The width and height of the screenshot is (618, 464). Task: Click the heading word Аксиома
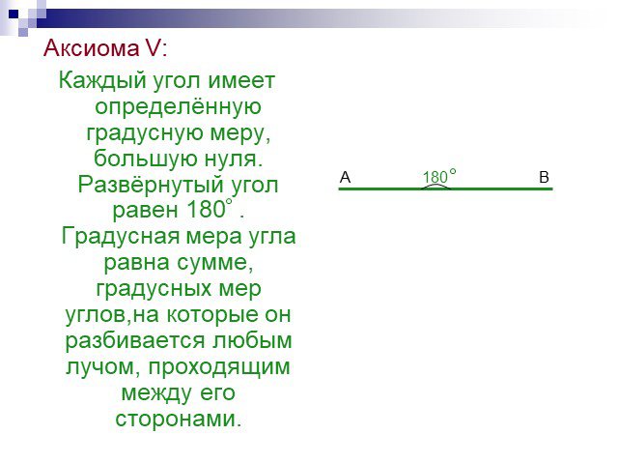coord(92,48)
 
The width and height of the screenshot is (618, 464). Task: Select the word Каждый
coord(102,81)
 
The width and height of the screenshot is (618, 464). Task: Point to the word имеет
coord(241,80)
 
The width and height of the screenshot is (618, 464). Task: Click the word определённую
coord(178,107)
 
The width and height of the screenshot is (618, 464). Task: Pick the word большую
coord(146,158)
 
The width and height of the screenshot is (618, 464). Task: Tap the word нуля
coord(233,159)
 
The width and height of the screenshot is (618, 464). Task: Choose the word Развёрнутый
coord(151,185)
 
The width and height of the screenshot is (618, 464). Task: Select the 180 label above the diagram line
coord(435,177)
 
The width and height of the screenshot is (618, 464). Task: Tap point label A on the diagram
coord(345,177)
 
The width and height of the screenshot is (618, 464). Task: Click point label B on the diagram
coord(544,177)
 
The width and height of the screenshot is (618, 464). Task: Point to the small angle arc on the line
coord(435,185)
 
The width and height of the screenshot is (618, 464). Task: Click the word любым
coord(252,340)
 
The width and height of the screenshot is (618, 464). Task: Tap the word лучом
coord(103,367)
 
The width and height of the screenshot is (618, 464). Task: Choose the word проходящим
coord(219,366)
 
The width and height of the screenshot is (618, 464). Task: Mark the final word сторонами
coord(178,419)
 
